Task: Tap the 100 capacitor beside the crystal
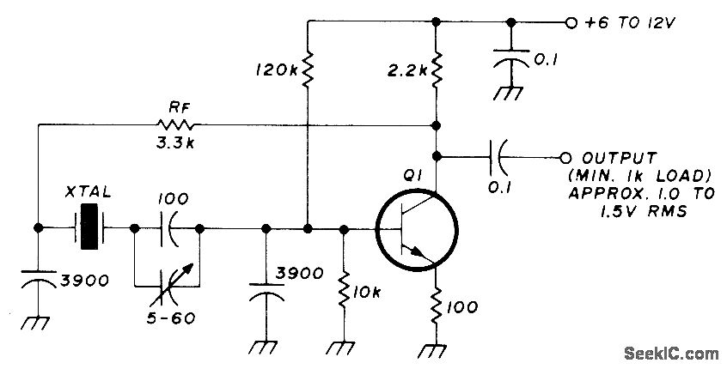coord(167,229)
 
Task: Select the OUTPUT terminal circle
coord(565,157)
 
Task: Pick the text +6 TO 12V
coord(627,22)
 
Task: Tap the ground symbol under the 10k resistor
coord(344,347)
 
